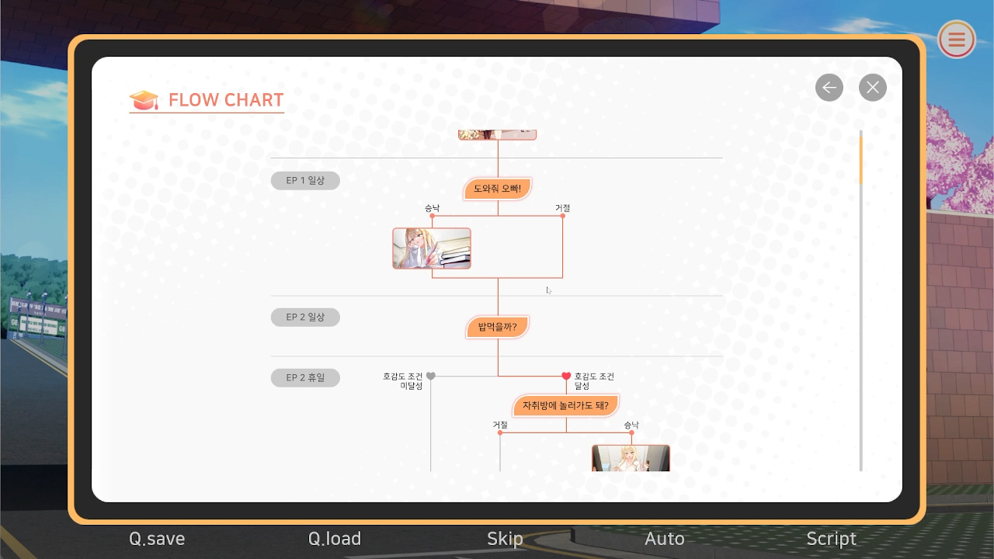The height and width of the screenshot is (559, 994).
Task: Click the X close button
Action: [x=872, y=88]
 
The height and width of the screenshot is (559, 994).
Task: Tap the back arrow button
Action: [x=829, y=88]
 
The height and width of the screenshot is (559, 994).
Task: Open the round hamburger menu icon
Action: [x=956, y=40]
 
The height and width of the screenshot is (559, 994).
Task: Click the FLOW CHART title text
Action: [x=226, y=100]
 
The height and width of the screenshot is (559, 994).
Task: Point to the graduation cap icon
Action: [x=144, y=100]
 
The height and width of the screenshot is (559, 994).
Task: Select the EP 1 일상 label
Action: [x=305, y=181]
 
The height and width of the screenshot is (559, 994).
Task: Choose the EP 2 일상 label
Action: [x=305, y=318]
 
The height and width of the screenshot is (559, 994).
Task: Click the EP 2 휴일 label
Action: [x=305, y=377]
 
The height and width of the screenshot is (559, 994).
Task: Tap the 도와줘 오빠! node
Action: [x=498, y=189]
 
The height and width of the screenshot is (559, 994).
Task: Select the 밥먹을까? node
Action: [x=498, y=327]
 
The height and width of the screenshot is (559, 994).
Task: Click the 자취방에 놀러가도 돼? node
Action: [x=565, y=405]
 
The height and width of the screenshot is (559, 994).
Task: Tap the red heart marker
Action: [x=566, y=377]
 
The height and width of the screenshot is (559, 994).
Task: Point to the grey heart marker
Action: [x=430, y=377]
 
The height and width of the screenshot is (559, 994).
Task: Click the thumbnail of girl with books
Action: [x=431, y=248]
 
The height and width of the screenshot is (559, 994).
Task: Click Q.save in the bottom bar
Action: [x=157, y=539]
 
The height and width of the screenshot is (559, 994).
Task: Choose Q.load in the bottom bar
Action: [x=335, y=539]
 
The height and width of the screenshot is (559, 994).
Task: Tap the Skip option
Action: [x=505, y=539]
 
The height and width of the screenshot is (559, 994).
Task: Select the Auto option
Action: [x=664, y=539]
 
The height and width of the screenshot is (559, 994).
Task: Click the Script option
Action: [x=831, y=539]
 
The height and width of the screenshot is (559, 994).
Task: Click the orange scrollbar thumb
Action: [x=861, y=161]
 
